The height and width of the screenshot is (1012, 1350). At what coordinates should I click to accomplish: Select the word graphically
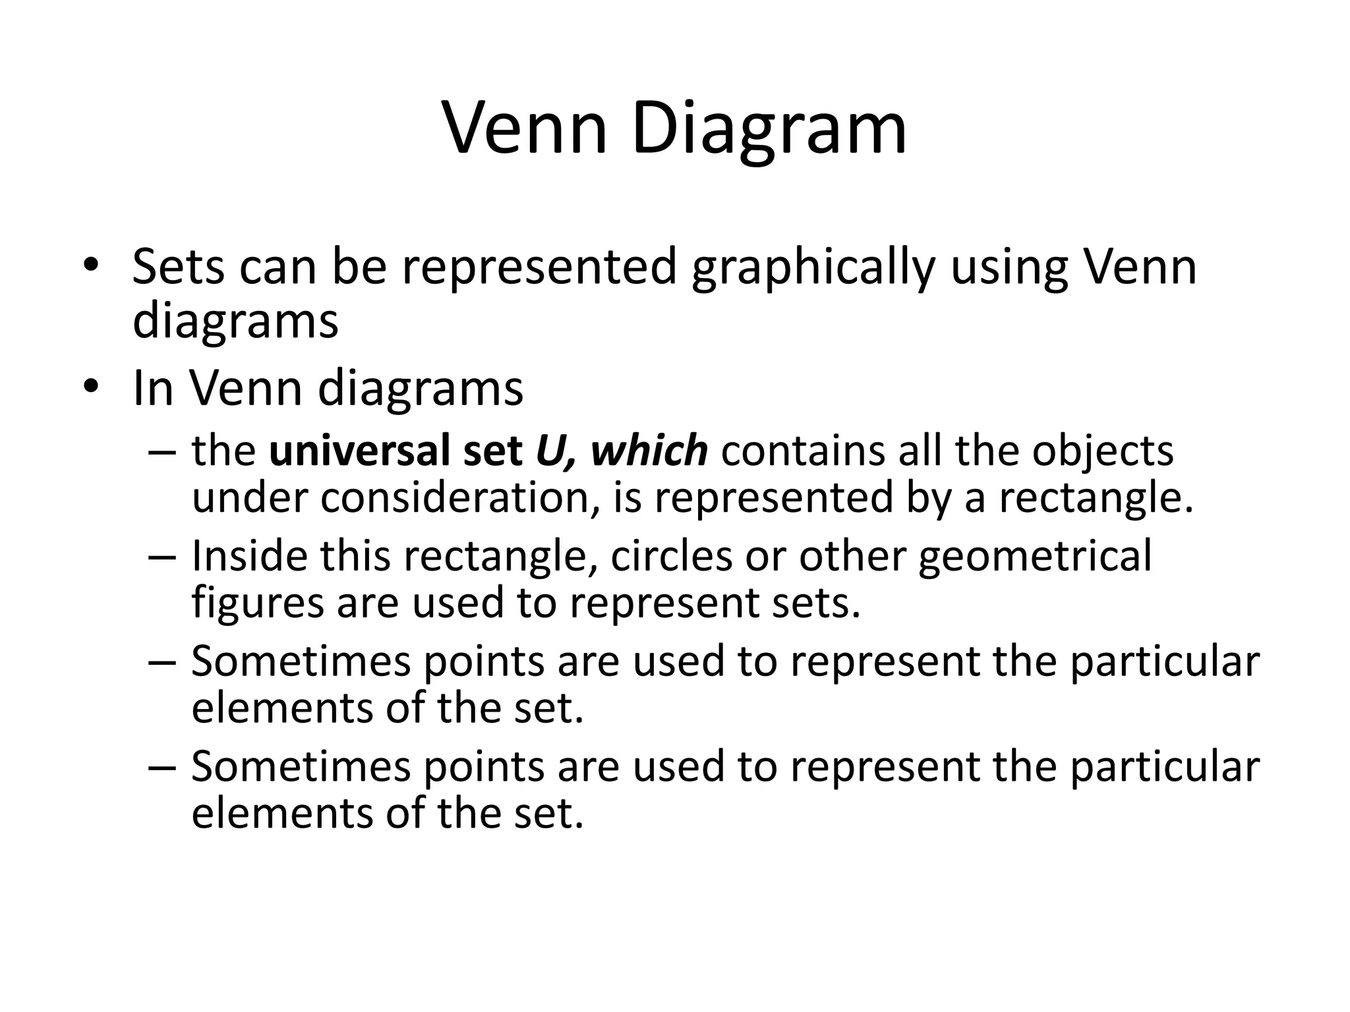(813, 269)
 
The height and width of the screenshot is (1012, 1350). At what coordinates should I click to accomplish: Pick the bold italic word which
(649, 451)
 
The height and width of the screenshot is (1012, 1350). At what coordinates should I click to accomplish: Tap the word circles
(671, 555)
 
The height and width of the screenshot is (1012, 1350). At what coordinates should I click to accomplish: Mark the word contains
(796, 451)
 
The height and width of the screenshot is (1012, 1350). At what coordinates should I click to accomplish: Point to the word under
(249, 498)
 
